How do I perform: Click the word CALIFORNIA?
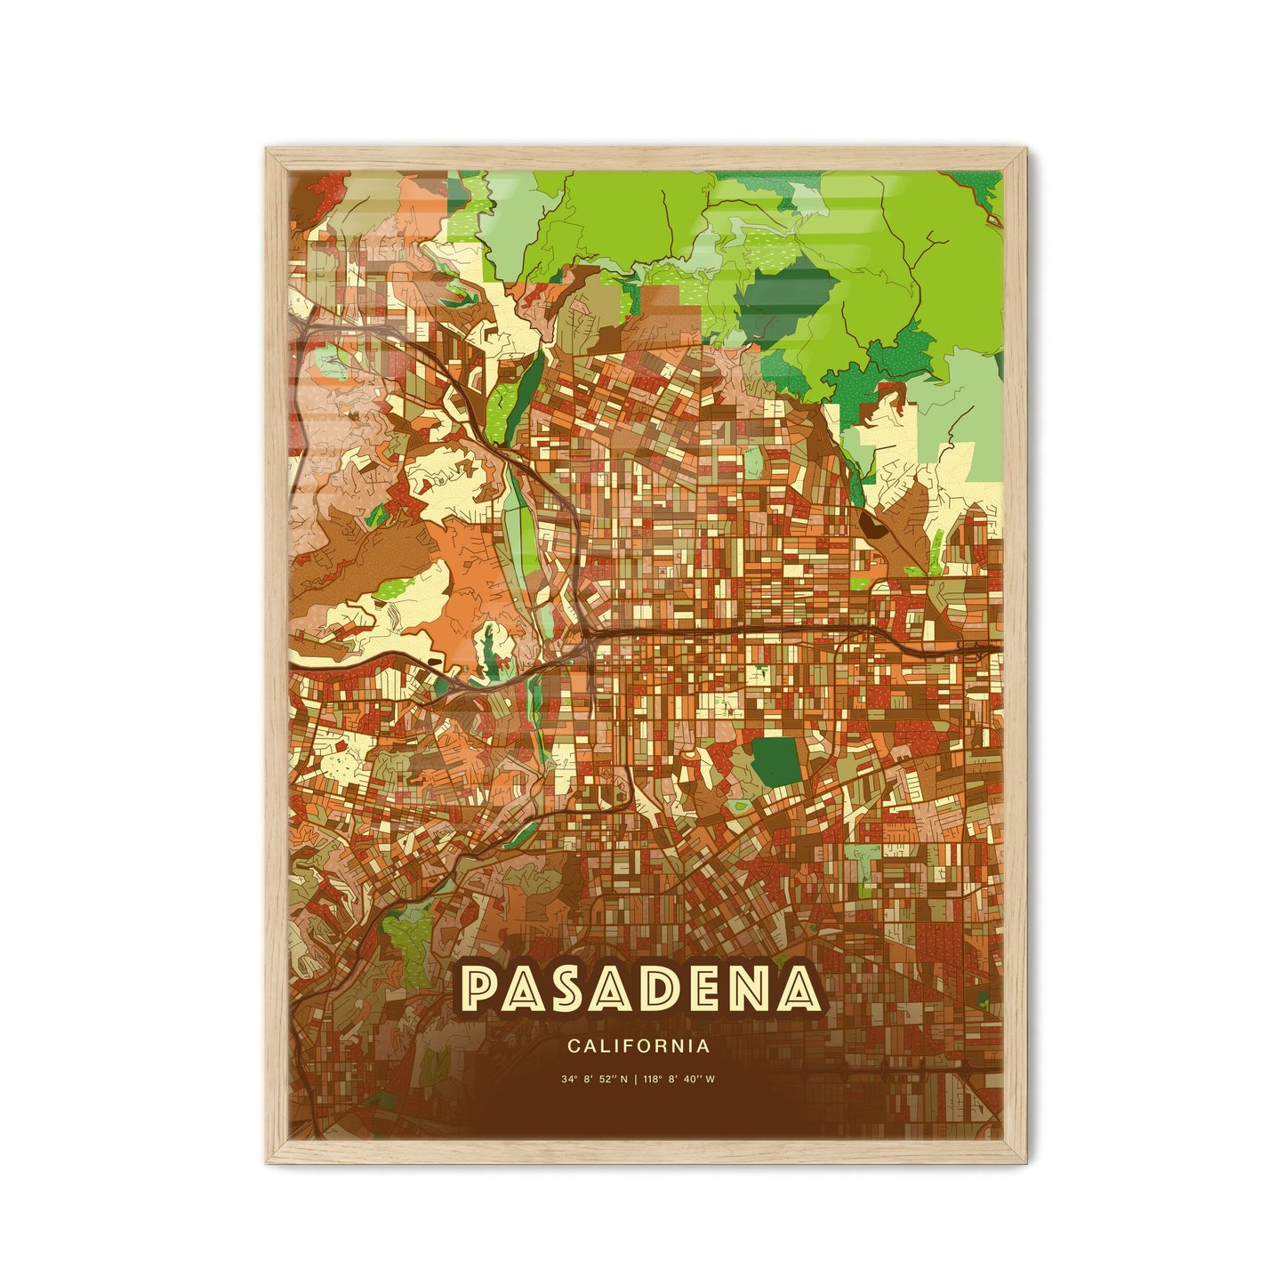pos(638,1047)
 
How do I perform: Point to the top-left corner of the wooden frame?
pos(267,149)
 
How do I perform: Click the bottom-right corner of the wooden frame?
pos(1024,1161)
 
